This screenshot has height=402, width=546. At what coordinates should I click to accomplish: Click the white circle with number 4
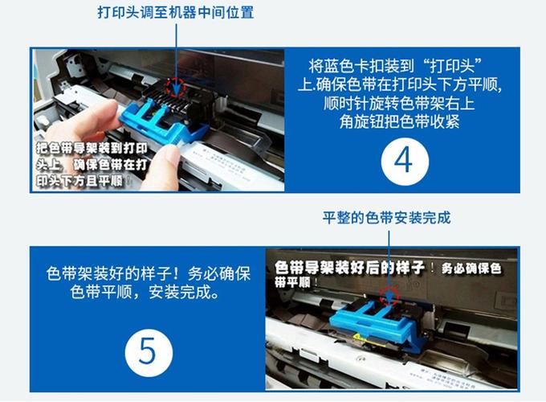(x=405, y=160)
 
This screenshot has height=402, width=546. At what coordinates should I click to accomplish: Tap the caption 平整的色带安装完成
(x=386, y=218)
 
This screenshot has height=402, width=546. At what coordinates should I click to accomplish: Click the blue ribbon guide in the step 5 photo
(x=373, y=322)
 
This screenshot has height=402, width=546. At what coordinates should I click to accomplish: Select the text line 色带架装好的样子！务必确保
(x=149, y=274)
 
